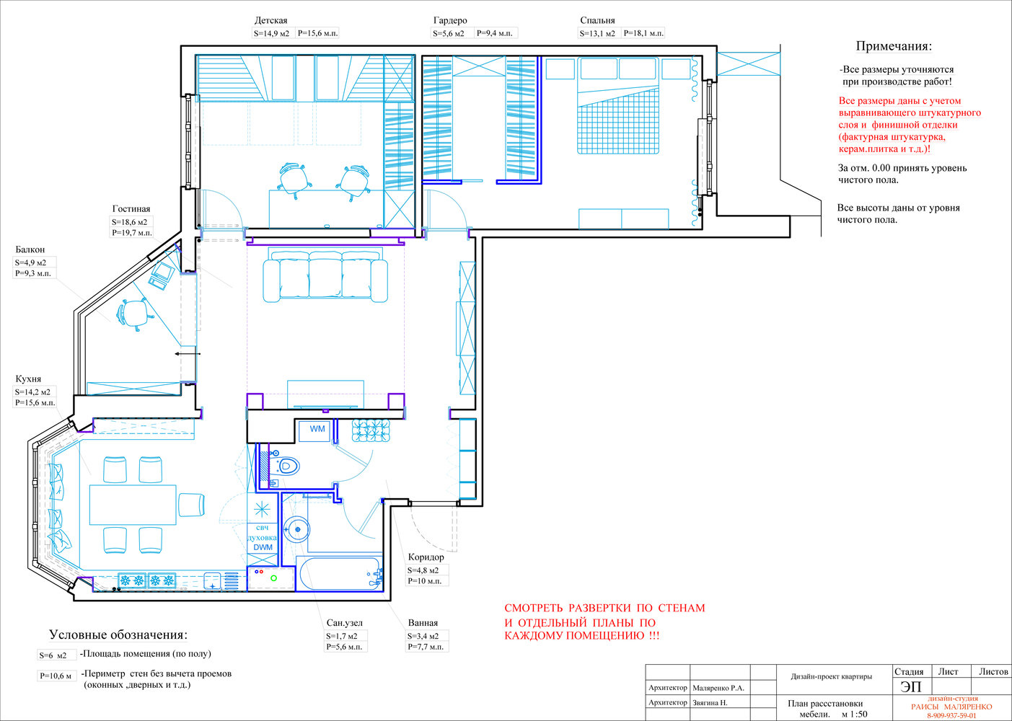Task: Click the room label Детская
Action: tap(270, 20)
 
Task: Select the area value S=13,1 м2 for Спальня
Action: tap(597, 33)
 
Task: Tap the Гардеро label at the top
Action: tap(450, 20)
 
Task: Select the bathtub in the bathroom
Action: tap(339, 574)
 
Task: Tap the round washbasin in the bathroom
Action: tap(297, 529)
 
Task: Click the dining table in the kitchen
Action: tap(133, 505)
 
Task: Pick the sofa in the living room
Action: tap(325, 276)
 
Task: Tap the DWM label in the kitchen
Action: tap(263, 547)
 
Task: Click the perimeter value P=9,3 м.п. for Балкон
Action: tap(33, 273)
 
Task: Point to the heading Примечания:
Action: tap(894, 46)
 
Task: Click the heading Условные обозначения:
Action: tap(118, 634)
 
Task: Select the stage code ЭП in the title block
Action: tap(910, 686)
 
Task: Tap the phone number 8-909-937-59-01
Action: tap(951, 715)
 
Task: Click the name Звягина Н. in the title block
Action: tap(710, 702)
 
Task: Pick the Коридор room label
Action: tap(426, 557)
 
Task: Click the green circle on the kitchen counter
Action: tap(273, 578)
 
